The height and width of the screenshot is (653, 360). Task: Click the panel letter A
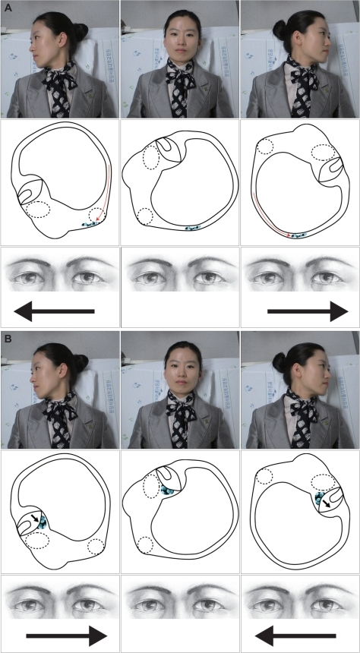coord(8,7)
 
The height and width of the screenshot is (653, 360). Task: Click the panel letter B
coord(8,338)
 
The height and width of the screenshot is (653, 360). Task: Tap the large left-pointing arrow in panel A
coord(54,311)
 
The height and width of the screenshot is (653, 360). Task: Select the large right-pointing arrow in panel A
coord(308,311)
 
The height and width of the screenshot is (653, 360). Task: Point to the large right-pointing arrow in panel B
coord(67,636)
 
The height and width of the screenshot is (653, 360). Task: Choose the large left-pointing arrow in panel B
coord(295,636)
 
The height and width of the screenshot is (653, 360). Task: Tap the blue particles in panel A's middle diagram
coord(192,229)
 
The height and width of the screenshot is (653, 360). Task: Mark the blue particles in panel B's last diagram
coord(320,497)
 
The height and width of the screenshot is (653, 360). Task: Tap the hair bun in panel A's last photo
coord(279,29)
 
